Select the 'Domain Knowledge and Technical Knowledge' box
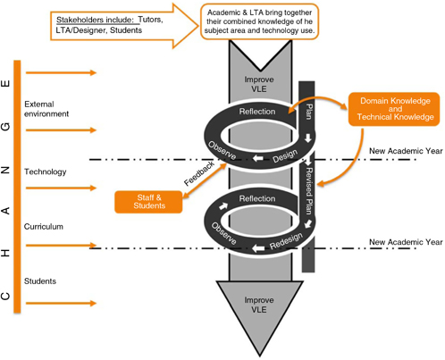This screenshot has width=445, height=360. pyautogui.click(x=390, y=109)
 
